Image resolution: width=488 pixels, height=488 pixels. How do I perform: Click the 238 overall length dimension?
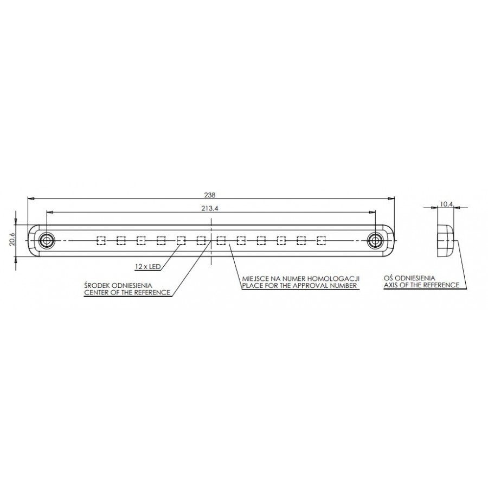(x=210, y=195)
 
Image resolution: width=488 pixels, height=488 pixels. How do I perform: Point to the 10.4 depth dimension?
(x=446, y=204)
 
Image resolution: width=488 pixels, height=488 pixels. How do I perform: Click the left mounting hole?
(x=47, y=240)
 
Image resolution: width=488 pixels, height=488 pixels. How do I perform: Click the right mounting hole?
(x=375, y=240)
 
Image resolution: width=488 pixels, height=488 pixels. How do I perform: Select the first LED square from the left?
(x=101, y=240)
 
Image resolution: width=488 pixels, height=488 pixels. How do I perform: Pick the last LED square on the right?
(x=321, y=240)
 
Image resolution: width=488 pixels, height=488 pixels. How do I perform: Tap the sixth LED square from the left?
(x=201, y=240)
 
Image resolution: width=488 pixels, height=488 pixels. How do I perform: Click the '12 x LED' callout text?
(x=148, y=267)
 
